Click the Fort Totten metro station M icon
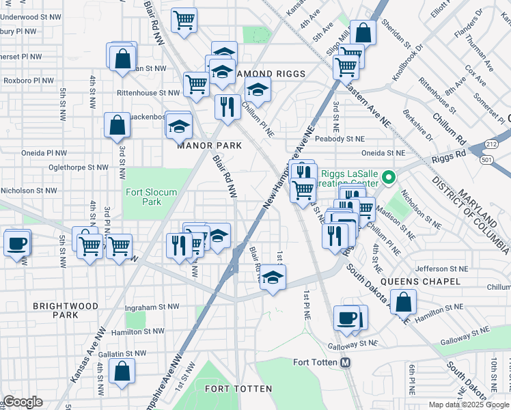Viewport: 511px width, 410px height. coord(346,362)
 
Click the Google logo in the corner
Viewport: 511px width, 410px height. coord(24,402)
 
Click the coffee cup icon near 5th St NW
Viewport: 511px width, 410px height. coord(17,243)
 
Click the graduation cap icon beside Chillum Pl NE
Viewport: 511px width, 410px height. coord(257,89)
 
